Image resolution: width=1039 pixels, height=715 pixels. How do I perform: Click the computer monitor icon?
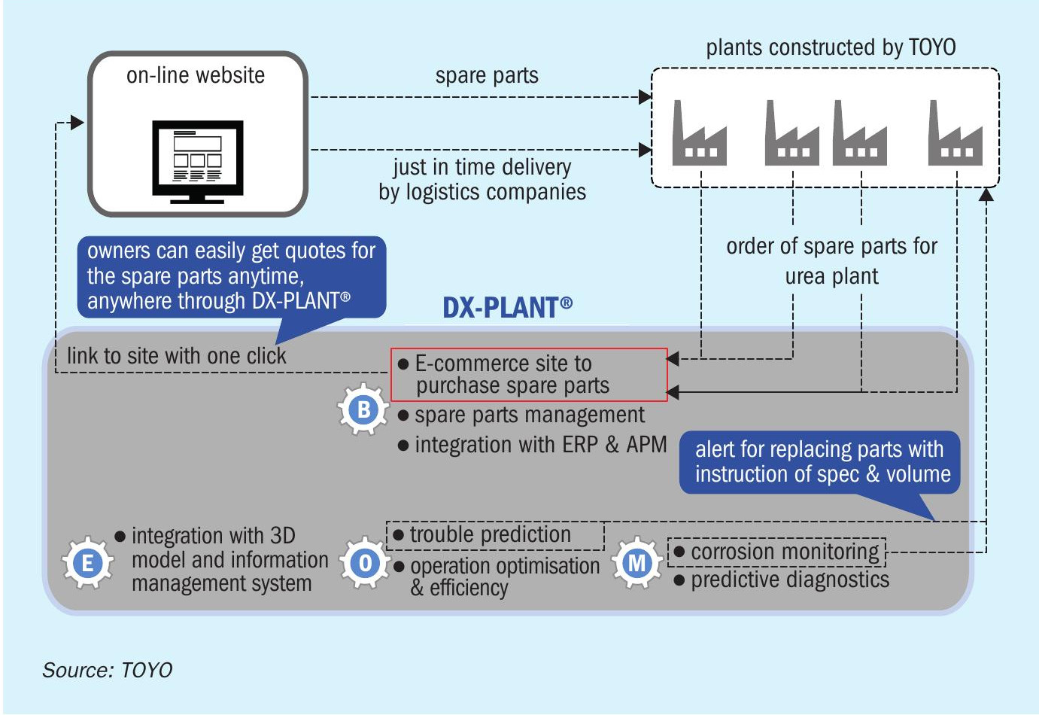point(198,162)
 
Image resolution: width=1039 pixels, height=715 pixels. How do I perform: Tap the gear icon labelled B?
point(363,409)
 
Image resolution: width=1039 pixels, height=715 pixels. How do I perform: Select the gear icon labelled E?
point(87,563)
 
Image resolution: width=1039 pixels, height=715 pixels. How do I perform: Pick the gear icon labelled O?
point(365,562)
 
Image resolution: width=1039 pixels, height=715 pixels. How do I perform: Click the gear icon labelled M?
point(636,563)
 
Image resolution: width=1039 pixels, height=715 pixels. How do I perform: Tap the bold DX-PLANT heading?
point(507,308)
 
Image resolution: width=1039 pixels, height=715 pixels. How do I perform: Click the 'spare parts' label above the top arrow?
point(487,75)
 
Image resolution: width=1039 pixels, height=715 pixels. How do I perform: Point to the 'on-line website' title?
point(196,75)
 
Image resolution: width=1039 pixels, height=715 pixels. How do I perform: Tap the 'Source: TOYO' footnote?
point(107,670)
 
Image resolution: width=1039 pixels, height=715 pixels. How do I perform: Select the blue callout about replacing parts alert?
point(819,462)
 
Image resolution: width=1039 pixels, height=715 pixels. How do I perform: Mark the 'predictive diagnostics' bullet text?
point(782,580)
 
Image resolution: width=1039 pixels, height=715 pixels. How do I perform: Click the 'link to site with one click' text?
point(176,356)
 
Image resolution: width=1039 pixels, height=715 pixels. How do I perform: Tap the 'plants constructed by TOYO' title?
point(831,47)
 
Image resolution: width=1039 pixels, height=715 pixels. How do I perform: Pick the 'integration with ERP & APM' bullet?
point(533,445)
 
